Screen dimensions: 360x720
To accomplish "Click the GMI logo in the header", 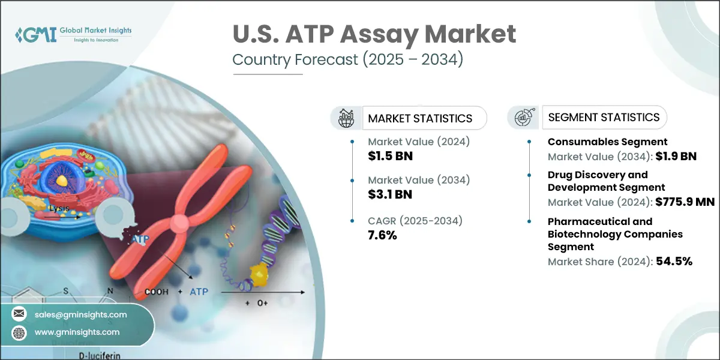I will click(72, 35).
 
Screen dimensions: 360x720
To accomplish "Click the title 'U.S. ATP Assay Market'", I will click(374, 34).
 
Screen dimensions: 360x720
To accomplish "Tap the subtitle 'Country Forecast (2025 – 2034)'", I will click(347, 61).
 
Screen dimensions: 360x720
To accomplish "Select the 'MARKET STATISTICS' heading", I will click(420, 118).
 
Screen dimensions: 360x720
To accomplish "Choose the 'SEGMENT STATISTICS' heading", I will click(604, 117).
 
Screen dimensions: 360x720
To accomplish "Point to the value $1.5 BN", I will click(391, 157).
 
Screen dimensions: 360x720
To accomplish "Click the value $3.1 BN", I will click(391, 194).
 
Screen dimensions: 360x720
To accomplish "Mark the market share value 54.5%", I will click(673, 261).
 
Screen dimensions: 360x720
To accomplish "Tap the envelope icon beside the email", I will click(20, 314).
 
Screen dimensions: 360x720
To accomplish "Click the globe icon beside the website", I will click(20, 332).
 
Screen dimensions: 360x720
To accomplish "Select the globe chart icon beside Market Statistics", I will click(347, 118).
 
